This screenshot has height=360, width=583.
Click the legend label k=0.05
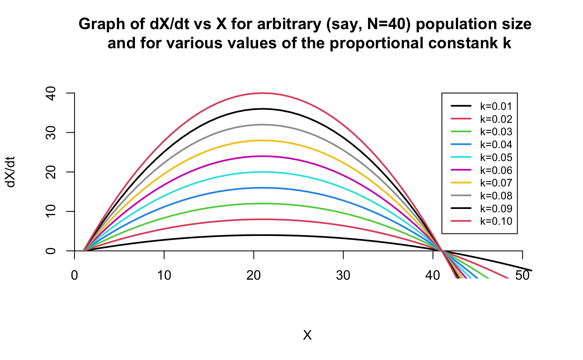[496, 158]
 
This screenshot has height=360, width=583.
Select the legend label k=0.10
[496, 221]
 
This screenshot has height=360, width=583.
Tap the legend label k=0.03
[496, 132]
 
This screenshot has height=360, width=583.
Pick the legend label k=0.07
[496, 183]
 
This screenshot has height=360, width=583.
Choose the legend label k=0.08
[496, 196]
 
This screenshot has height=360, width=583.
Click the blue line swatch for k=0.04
[461, 145]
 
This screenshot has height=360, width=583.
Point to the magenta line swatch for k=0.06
[461, 170]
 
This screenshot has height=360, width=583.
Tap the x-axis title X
[307, 335]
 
